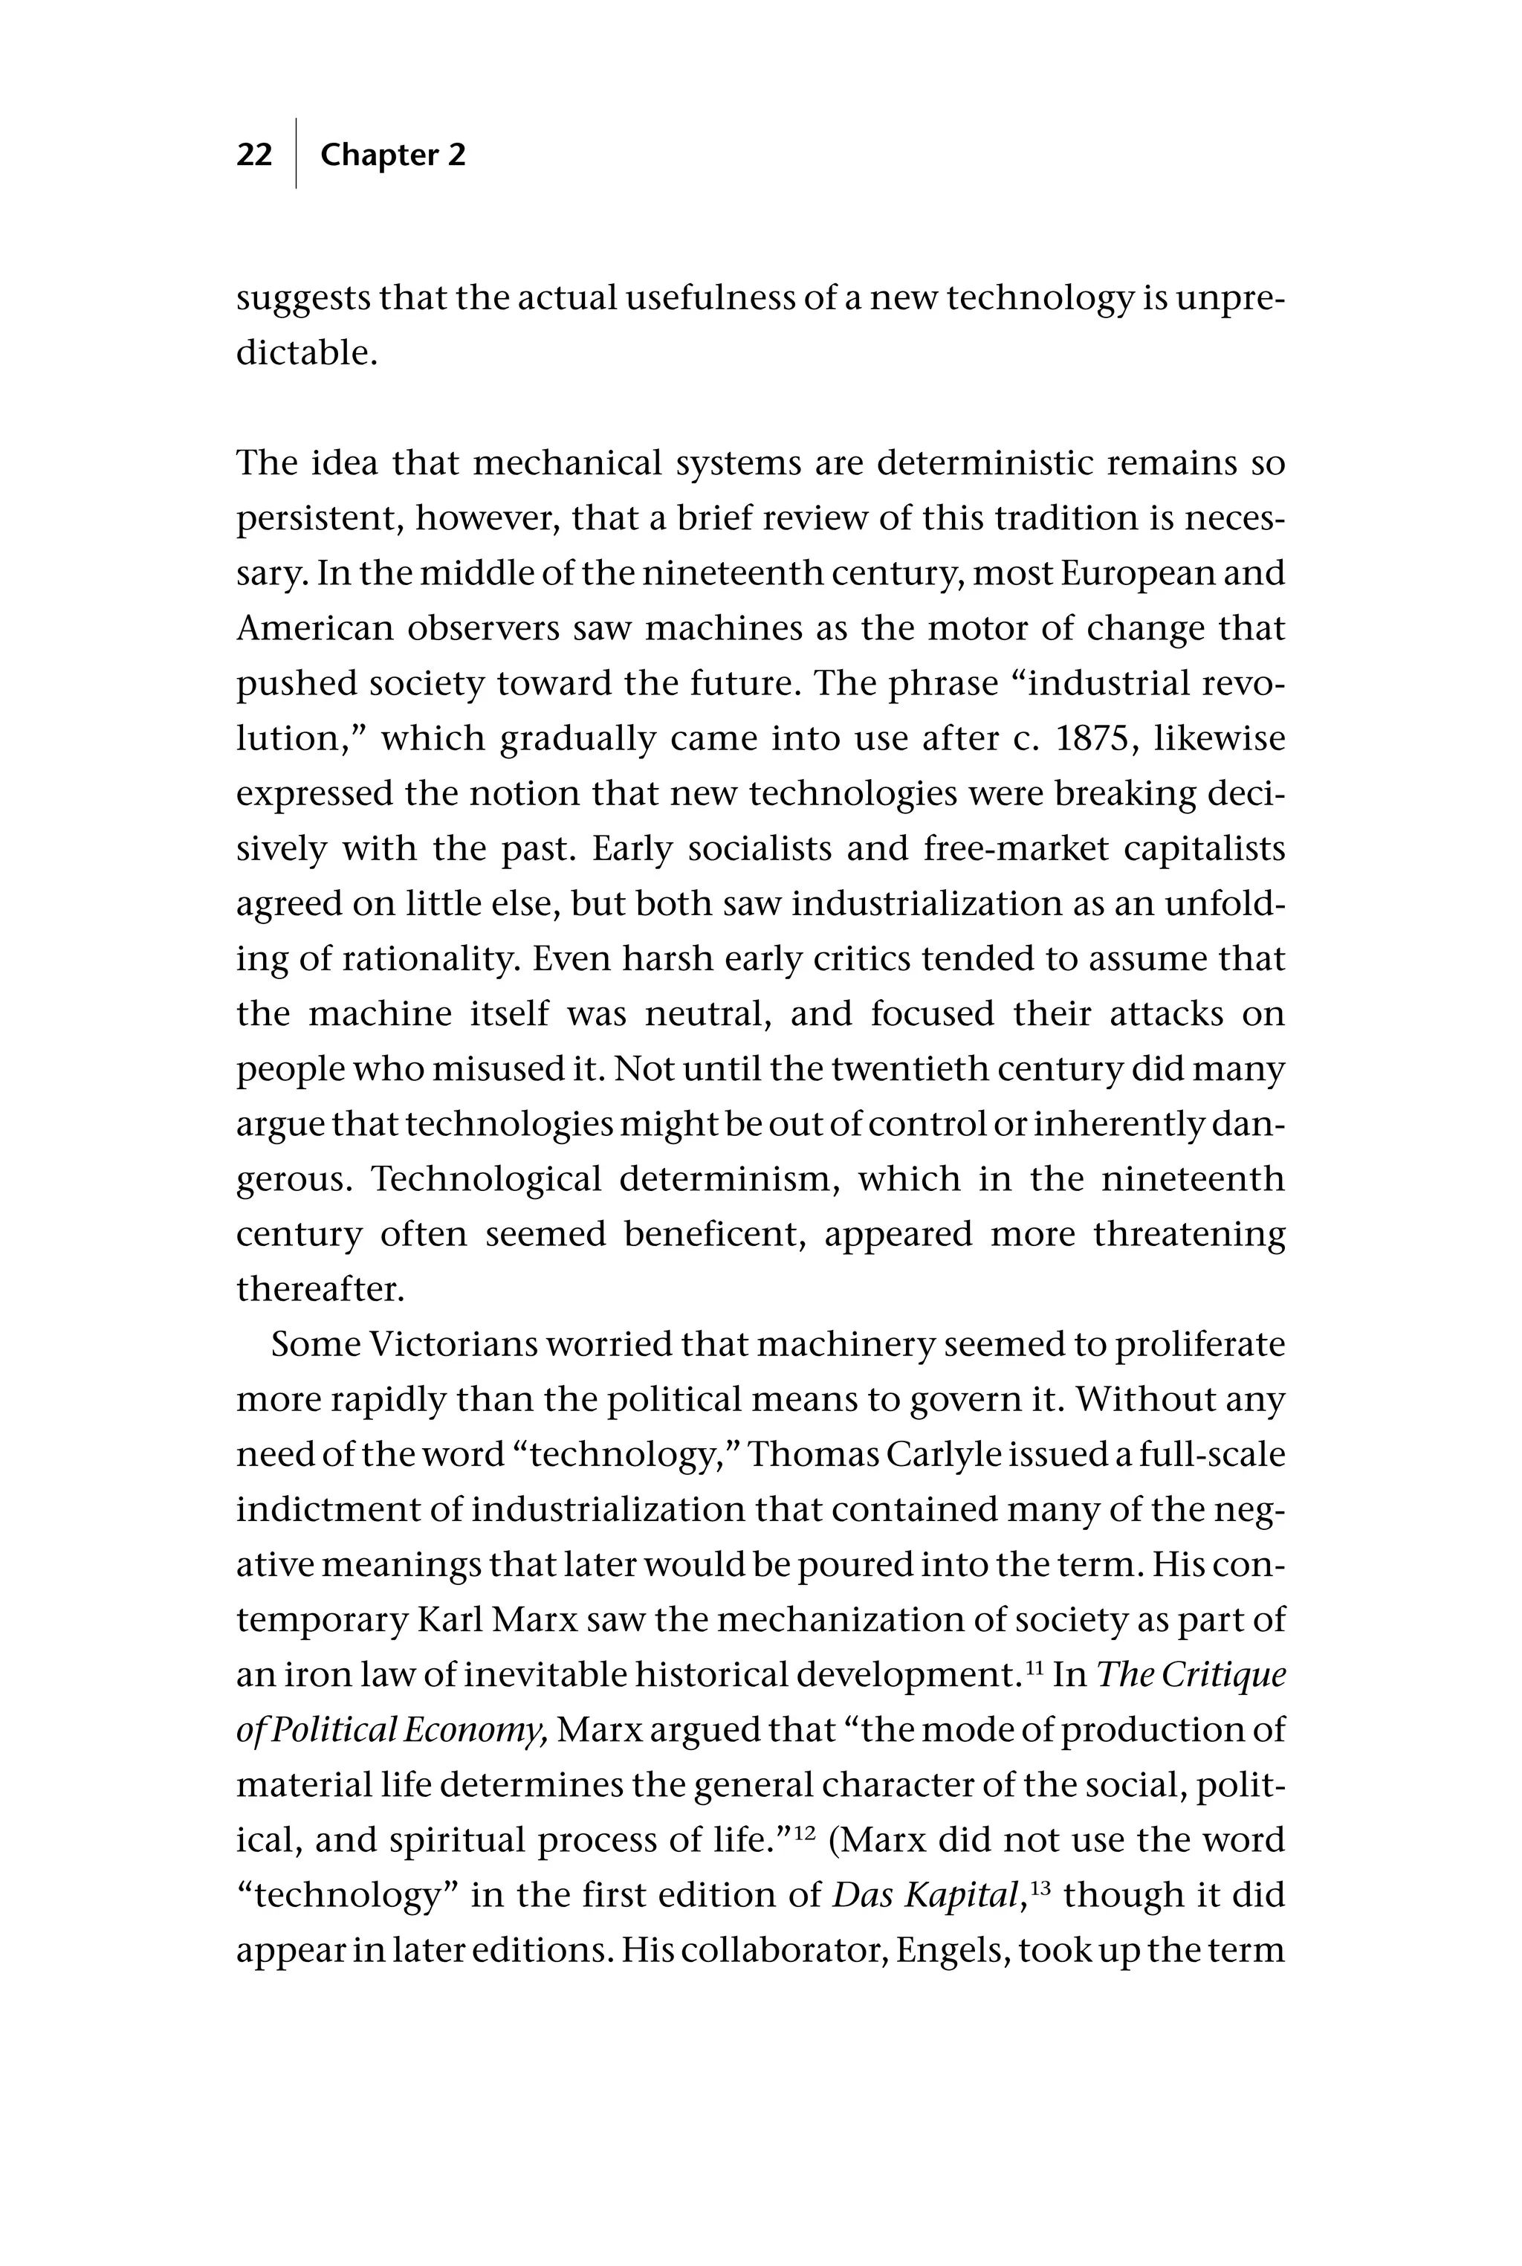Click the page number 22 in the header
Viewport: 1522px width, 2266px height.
(x=254, y=155)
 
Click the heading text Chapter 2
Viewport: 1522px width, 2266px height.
(x=392, y=155)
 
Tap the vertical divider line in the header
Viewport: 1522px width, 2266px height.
(x=296, y=153)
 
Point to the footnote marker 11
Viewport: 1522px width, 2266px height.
(x=1034, y=1667)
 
